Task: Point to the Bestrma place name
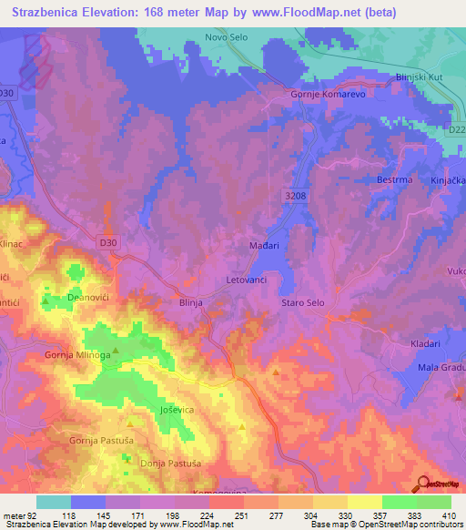tap(395, 179)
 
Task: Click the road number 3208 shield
tap(291, 195)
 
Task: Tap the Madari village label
tap(264, 246)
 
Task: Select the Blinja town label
tap(190, 304)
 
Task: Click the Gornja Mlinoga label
tap(78, 355)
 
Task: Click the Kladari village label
tap(425, 344)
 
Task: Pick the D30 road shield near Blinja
tap(108, 240)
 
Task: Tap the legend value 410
tap(446, 515)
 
